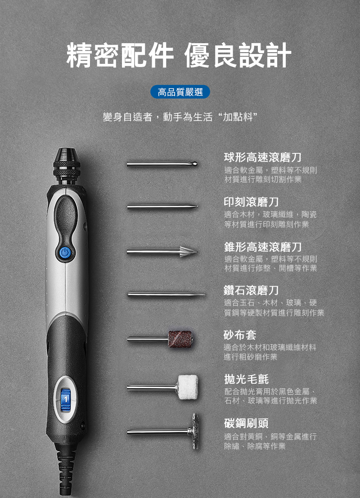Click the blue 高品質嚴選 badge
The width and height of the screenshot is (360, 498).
pos(180,92)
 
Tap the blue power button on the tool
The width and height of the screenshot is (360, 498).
pos(65,253)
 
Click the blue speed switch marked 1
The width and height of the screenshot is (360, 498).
pos(65,400)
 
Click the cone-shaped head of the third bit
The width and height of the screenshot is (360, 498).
pos(189,252)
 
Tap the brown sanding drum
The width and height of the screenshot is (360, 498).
pos(180,339)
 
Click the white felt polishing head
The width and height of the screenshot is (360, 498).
pos(188,387)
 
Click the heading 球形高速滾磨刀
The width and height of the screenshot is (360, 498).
pos(262,157)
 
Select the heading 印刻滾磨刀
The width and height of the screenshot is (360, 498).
pos(251,202)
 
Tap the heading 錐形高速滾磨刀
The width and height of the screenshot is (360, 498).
pos(262,247)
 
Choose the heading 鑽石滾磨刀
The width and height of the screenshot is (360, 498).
pos(251,290)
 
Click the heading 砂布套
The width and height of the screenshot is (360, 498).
pos(240,335)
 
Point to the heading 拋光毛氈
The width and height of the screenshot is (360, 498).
pos(246,379)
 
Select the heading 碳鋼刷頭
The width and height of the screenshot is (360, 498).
pos(246,423)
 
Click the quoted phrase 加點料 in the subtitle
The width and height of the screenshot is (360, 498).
pos(238,117)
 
